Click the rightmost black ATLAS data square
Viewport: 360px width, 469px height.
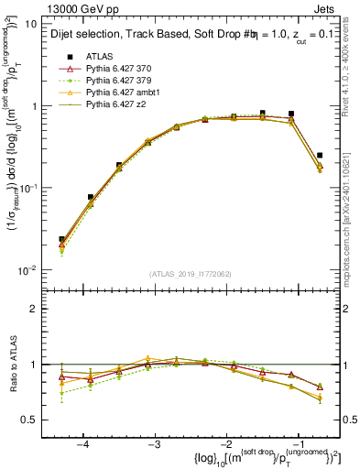click(319, 156)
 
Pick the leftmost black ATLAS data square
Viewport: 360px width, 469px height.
click(62, 239)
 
